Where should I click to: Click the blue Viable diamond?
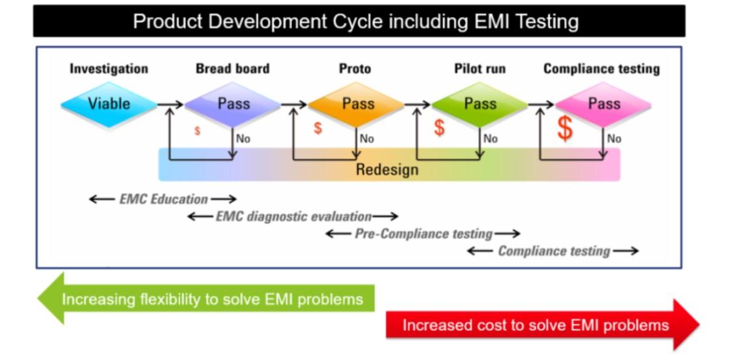pos(109,104)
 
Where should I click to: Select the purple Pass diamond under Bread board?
pos(233,104)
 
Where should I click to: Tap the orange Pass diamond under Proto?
pos(357,104)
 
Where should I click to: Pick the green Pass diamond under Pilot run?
pos(480,104)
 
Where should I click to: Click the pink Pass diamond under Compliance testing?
pos(604,104)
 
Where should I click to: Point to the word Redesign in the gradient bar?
pos(387,170)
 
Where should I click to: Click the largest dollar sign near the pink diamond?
pos(565,129)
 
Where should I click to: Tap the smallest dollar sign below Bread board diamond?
pos(197,132)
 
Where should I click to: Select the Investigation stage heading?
pos(109,68)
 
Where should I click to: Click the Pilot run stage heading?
pos(480,68)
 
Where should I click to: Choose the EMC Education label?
pos(163,199)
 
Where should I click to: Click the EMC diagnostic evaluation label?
pos(293,216)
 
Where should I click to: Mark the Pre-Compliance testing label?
pos(423,233)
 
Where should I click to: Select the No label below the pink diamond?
pos(614,139)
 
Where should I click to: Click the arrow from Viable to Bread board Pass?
pos(170,104)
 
